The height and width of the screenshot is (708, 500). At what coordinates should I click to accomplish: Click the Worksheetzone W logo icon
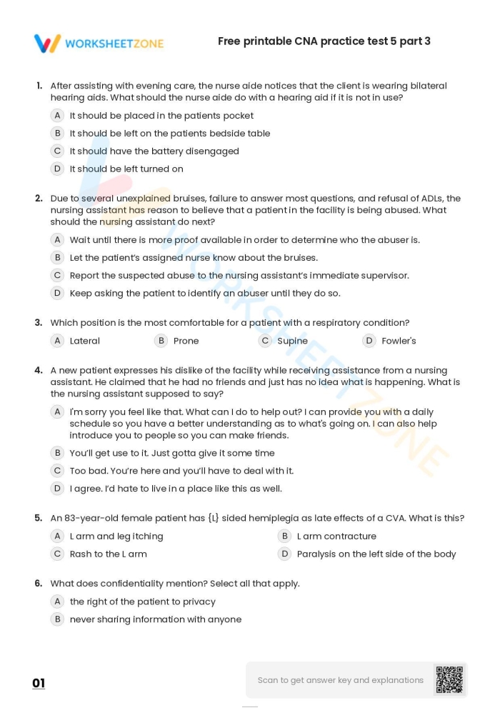point(47,44)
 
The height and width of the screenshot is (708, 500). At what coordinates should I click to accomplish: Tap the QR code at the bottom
point(449,679)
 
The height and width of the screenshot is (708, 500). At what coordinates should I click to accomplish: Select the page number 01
point(39,683)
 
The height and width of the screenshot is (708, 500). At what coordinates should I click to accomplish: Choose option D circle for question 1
point(58,169)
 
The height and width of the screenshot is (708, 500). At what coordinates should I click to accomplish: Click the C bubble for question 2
point(58,275)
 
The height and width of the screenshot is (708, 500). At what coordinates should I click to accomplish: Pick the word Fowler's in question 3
point(399,341)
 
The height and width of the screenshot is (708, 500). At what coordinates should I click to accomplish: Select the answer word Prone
point(186,341)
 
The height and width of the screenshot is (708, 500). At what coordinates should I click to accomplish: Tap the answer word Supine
point(292,341)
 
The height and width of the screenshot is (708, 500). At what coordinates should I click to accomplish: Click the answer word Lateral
point(84,341)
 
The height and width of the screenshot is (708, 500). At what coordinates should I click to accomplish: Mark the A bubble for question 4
point(58,412)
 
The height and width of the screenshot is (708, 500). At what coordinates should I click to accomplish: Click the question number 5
point(39,518)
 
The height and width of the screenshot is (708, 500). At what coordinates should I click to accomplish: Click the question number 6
point(39,584)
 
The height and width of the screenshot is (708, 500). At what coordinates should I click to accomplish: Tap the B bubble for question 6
point(58,619)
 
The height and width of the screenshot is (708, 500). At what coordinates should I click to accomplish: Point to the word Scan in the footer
point(268,680)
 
